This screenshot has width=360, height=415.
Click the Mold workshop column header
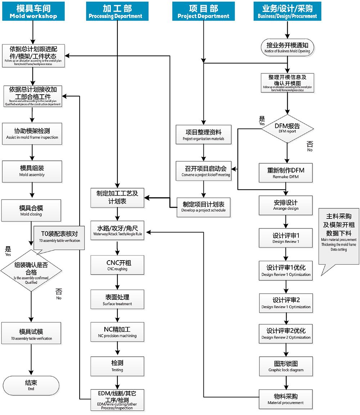tap(33, 11)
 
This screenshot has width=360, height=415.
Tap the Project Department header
tap(203, 11)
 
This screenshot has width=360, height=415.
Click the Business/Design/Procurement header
tap(287, 11)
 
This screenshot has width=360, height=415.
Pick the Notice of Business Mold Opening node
tap(287, 48)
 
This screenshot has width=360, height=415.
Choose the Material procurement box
tap(285, 399)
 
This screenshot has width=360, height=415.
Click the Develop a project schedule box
tap(203, 207)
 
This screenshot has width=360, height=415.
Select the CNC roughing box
tap(117, 265)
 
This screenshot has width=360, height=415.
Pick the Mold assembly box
tap(32, 171)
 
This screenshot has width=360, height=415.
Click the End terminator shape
tap(31, 385)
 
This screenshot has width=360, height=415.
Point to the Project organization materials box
tap(203, 135)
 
